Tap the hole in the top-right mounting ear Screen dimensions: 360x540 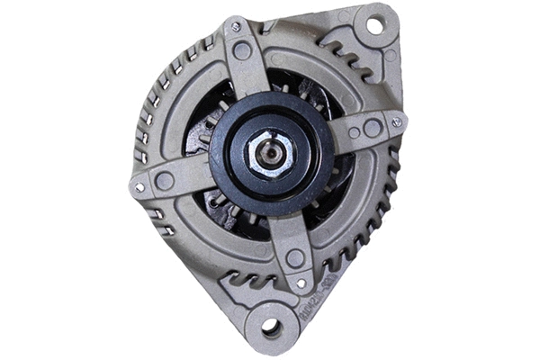[x=374, y=25]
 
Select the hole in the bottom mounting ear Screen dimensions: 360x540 [x=271, y=328]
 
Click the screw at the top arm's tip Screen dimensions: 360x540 [x=236, y=28]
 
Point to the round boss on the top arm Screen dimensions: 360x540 [x=243, y=51]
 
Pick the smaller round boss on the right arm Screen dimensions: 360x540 [x=354, y=132]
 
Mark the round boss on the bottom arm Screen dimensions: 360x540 [x=294, y=258]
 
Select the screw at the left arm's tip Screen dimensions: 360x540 [x=139, y=187]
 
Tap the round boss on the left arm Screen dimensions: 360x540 [x=165, y=180]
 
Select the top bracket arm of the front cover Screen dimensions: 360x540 [x=245, y=63]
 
